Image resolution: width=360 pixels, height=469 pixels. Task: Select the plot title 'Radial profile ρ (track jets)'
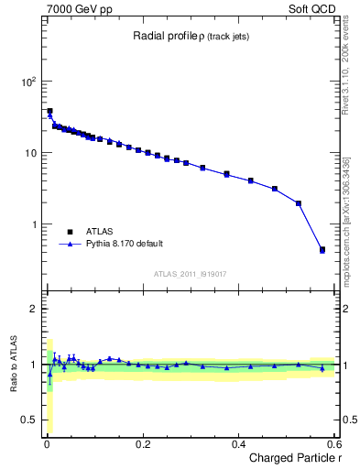coord(190,36)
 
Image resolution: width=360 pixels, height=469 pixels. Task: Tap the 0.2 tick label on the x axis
coord(142,444)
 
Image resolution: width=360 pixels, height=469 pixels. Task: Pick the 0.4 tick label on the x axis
coord(238,444)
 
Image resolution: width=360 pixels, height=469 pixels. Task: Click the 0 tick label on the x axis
coord(46,444)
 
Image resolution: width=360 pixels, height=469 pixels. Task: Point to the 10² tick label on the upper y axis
coord(27,81)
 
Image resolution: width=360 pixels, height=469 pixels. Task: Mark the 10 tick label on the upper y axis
coord(30,152)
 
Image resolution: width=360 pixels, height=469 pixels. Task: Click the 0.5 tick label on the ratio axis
coord(30,420)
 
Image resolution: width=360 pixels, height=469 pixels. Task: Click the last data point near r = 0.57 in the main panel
coord(322,249)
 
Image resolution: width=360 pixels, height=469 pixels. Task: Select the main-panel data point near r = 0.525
coord(299,203)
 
